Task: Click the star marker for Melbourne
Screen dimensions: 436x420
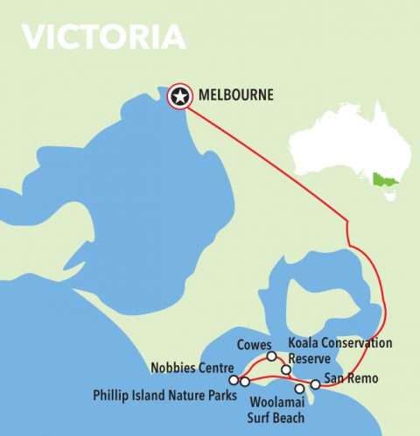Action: click(x=180, y=96)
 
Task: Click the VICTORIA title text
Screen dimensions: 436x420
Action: click(x=103, y=36)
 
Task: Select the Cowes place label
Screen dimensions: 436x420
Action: click(x=255, y=345)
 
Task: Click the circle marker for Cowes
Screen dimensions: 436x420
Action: click(x=271, y=356)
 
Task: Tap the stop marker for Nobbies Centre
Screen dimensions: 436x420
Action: click(x=234, y=380)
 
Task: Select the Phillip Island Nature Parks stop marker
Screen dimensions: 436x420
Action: click(x=245, y=382)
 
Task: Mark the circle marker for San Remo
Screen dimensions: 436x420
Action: click(x=315, y=384)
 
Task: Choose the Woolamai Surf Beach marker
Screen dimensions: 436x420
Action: click(x=299, y=388)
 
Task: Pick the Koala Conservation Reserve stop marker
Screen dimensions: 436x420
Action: click(x=286, y=370)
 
